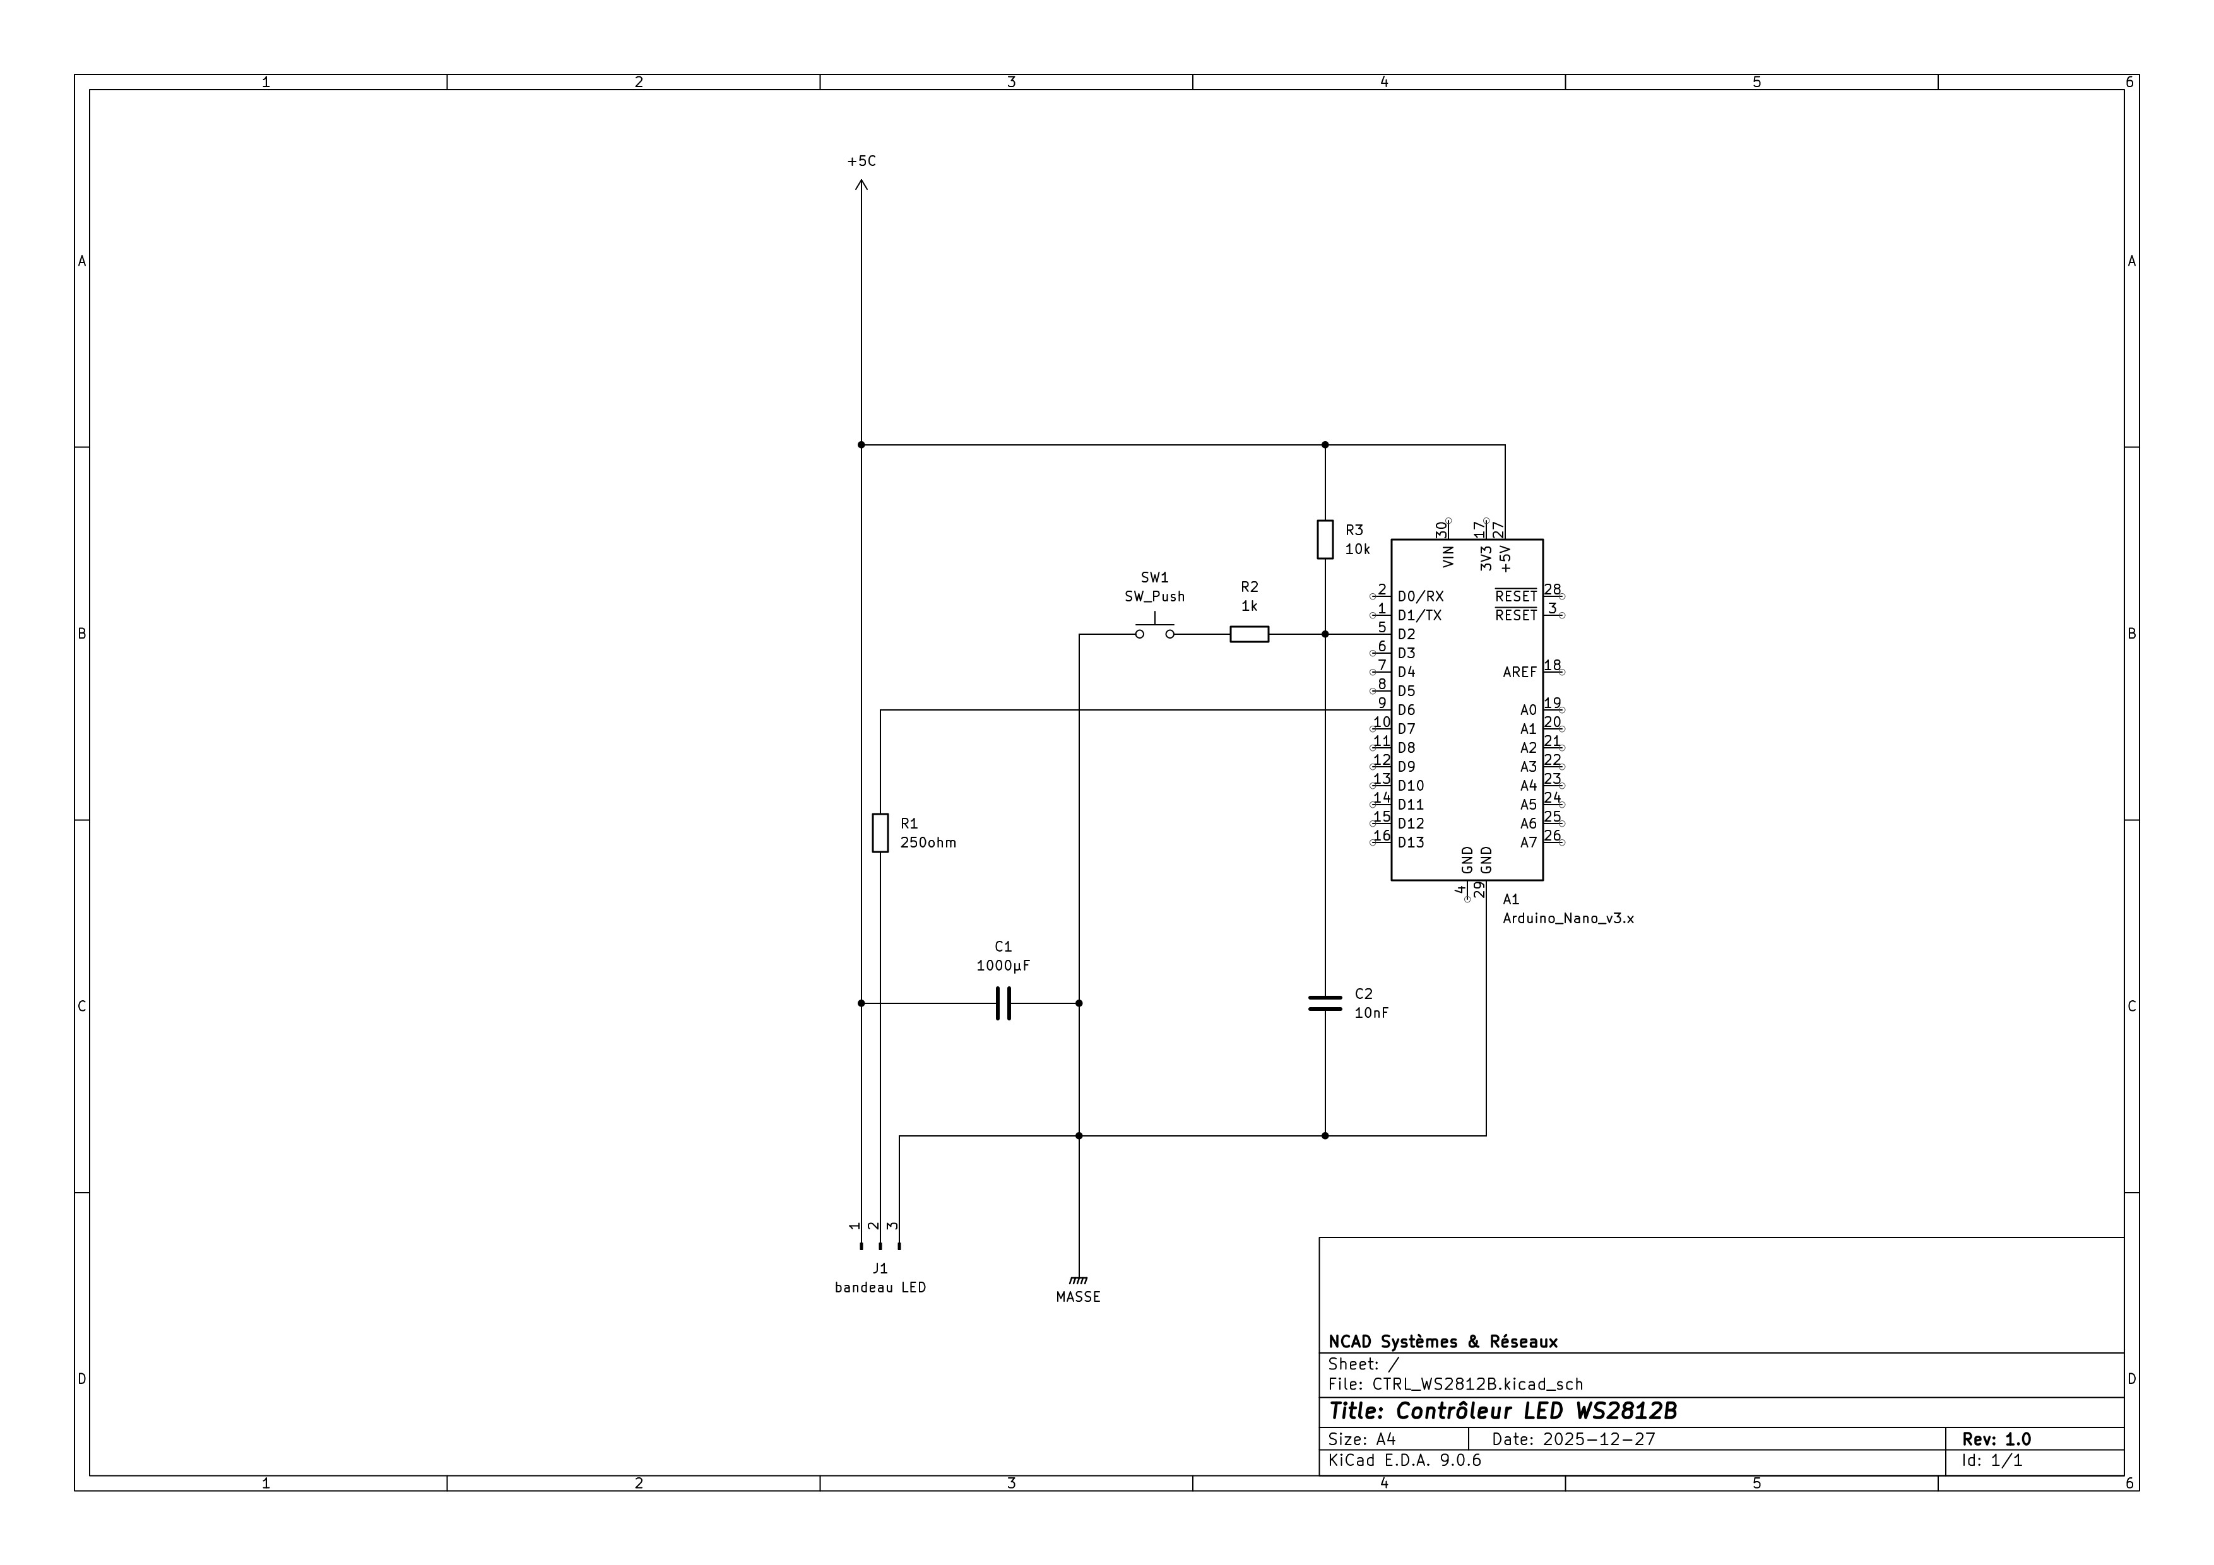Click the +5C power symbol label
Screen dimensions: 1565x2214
click(x=861, y=161)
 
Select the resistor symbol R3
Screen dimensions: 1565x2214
click(x=1325, y=539)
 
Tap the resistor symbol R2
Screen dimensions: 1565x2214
click(x=1249, y=634)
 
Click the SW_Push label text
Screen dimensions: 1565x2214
click(x=1154, y=597)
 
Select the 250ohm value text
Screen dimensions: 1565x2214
click(x=928, y=843)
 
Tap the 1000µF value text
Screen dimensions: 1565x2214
click(x=1003, y=966)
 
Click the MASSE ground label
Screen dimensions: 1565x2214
click(x=1078, y=1297)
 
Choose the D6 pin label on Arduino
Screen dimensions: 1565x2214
click(x=1406, y=711)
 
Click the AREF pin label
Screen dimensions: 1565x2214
click(x=1518, y=672)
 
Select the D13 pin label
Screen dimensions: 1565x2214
click(x=1410, y=843)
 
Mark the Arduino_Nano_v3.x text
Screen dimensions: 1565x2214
click(x=1568, y=919)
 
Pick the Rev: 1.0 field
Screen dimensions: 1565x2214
click(x=1996, y=1439)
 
